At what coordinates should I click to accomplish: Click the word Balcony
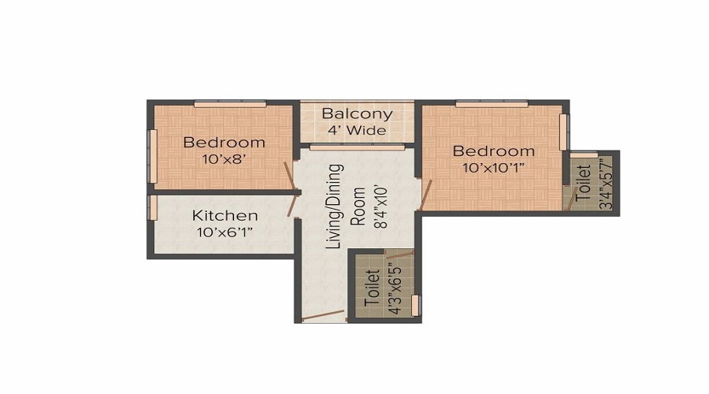pos(357,114)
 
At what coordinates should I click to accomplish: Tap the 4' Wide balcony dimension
pos(357,131)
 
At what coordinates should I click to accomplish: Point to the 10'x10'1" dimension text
pos(493,168)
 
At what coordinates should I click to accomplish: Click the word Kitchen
pos(225,215)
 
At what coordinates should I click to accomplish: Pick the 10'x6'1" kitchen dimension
pos(225,232)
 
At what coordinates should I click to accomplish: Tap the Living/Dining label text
pos(334,206)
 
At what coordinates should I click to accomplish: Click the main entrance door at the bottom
pos(323,315)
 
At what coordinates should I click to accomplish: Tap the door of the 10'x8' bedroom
pos(289,177)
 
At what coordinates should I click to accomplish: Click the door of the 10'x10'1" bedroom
pos(426,195)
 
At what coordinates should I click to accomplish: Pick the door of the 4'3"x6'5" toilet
pos(400,255)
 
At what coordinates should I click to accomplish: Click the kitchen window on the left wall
pos(154,207)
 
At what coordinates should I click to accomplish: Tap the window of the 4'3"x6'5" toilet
pos(415,305)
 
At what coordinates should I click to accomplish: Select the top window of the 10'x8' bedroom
pos(230,105)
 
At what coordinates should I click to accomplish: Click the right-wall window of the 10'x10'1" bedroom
pos(563,132)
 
